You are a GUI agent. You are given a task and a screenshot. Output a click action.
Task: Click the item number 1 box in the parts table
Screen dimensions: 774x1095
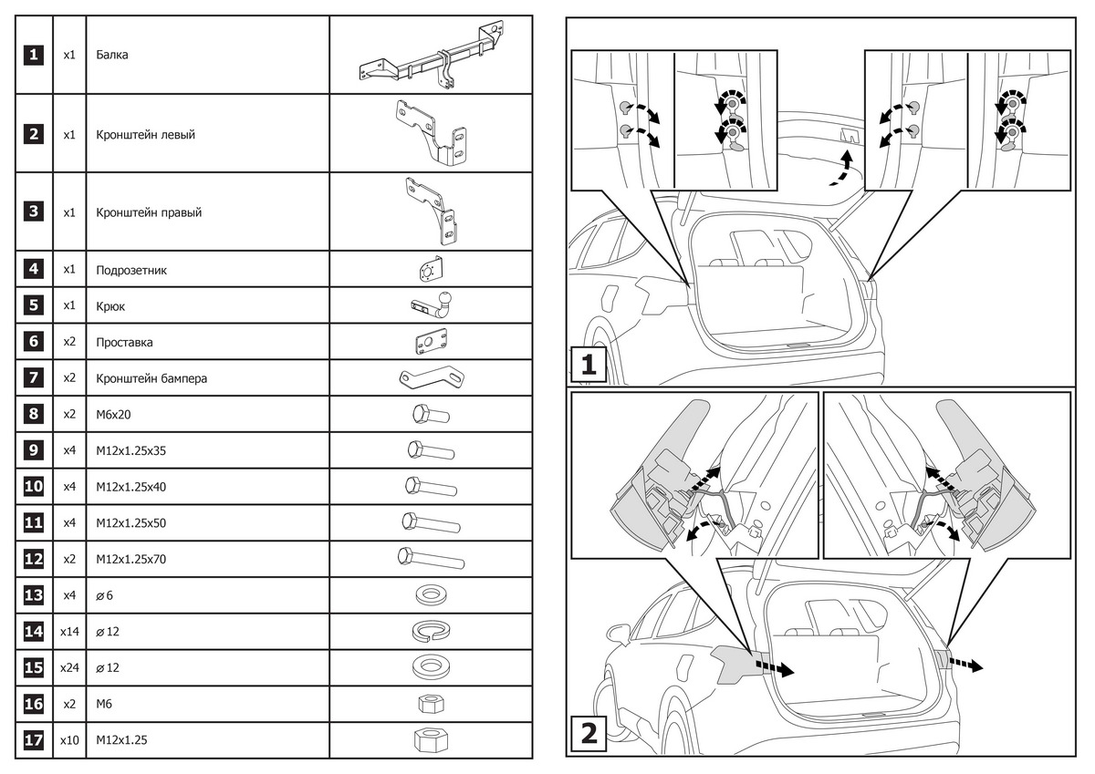coord(34,55)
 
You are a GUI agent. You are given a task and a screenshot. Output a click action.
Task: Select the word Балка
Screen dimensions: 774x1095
coord(112,55)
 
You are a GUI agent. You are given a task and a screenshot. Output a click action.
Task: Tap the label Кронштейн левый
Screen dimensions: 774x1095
coord(145,134)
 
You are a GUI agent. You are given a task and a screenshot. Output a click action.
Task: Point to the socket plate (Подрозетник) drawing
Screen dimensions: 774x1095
coord(431,270)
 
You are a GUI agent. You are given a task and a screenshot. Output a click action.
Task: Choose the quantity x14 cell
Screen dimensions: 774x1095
coord(69,631)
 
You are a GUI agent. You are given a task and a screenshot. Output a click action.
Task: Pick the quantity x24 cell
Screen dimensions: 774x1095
coord(69,667)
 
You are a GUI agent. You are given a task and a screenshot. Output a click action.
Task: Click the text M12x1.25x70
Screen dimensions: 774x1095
coord(130,559)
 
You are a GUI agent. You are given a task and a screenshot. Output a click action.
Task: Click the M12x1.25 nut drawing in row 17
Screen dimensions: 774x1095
coord(431,739)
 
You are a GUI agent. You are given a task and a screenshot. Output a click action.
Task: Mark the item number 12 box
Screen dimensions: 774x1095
coord(34,559)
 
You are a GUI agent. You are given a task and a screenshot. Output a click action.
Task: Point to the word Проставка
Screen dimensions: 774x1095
coord(124,342)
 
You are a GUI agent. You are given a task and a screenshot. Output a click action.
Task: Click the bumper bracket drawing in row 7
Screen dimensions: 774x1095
coord(431,377)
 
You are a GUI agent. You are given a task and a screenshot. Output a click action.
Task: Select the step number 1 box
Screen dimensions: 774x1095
coord(589,366)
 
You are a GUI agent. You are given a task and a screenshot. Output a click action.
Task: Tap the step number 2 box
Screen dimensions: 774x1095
coord(589,733)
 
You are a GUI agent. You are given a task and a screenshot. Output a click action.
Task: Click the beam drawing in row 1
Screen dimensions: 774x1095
coord(431,57)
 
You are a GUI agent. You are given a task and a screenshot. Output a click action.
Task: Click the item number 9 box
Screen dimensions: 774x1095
coord(34,450)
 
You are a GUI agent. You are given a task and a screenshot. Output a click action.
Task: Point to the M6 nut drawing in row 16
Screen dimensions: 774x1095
coord(431,703)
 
